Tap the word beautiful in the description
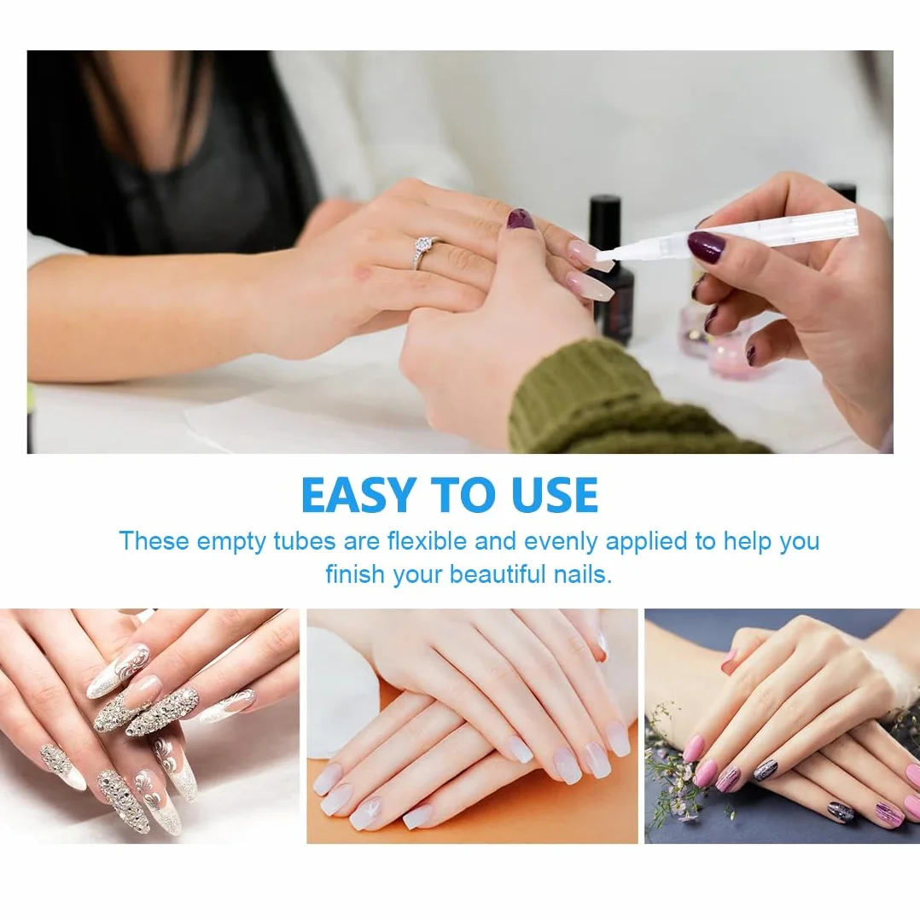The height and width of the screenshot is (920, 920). point(498,574)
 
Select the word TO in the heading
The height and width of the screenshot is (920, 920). point(464,495)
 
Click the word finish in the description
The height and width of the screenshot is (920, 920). point(356,574)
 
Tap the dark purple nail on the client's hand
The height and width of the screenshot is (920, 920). point(520,219)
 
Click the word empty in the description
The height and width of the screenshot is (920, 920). point(231,541)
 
